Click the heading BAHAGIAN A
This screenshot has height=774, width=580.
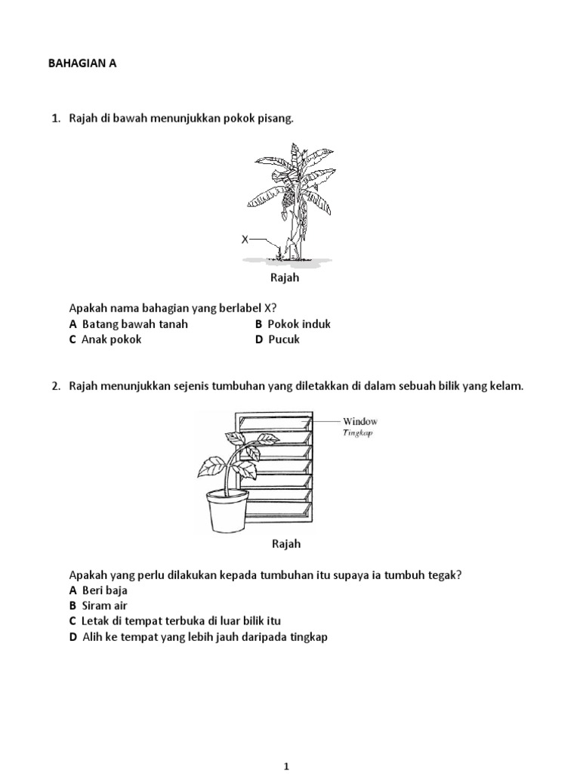pyautogui.click(x=83, y=65)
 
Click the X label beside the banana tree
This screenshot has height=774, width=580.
pyautogui.click(x=245, y=240)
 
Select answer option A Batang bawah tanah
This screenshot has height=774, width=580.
pyautogui.click(x=128, y=324)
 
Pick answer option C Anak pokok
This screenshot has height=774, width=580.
pyautogui.click(x=105, y=339)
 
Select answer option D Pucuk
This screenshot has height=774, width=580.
pyautogui.click(x=277, y=339)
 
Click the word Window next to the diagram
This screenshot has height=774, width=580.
pyautogui.click(x=360, y=421)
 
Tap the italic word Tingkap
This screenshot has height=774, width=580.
pyautogui.click(x=358, y=433)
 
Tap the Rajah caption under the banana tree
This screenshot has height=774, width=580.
pyautogui.click(x=285, y=278)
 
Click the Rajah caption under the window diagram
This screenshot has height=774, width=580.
pyautogui.click(x=285, y=543)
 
